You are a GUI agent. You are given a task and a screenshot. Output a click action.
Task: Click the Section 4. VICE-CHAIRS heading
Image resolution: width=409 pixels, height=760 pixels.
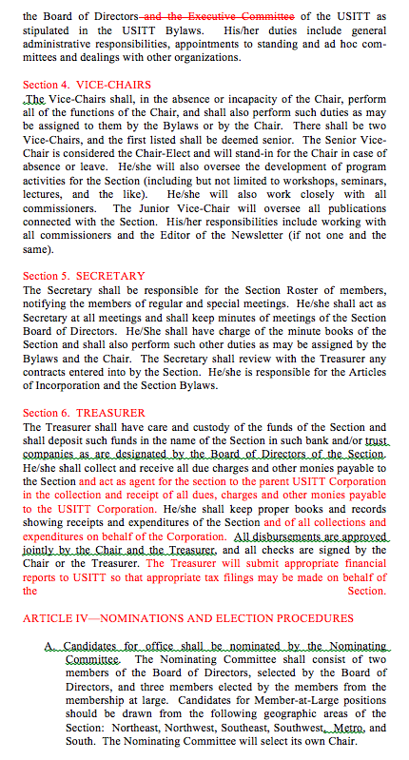pos(87,85)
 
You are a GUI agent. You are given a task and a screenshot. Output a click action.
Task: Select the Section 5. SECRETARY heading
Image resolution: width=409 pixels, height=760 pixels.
pos(84,276)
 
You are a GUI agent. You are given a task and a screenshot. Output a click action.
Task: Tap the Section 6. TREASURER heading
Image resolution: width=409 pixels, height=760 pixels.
pos(84,413)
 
